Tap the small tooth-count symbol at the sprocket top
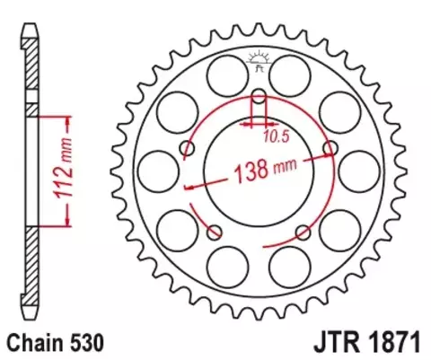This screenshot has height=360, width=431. (x=259, y=59)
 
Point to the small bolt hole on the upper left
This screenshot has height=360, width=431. (x=187, y=147)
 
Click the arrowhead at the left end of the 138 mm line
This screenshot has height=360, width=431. (x=186, y=188)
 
